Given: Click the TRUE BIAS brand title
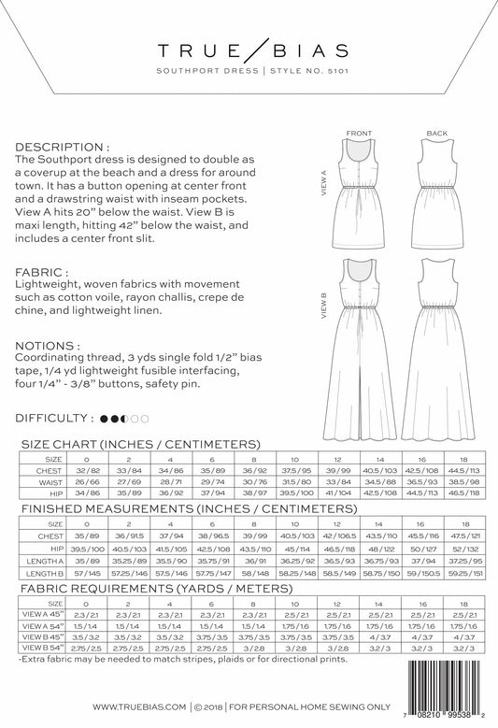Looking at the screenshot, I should (249, 48).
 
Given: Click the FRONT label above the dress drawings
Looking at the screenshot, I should (359, 134).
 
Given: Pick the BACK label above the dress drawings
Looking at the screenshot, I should (436, 134).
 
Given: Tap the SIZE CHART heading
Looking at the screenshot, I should (139, 446).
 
